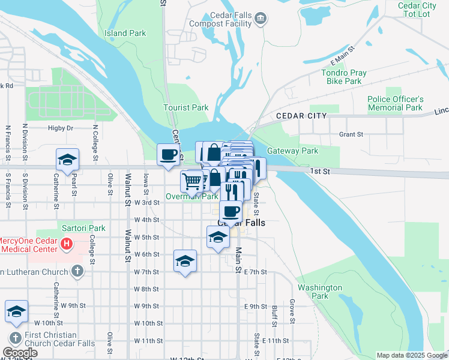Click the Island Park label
pos(125,33)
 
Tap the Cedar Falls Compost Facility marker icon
pos(261,19)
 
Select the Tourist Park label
pos(186,108)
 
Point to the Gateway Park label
pos(292,151)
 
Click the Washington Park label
pos(320,292)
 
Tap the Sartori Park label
pos(83,228)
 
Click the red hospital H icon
pos(67,245)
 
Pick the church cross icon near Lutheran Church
pos(77,272)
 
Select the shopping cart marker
pos(192,180)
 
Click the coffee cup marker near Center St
pos(169,154)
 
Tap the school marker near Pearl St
pos(67,160)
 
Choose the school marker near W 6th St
pos(185,261)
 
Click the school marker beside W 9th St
pos(17,311)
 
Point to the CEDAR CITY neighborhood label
pos(301,115)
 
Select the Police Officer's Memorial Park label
pos(396,103)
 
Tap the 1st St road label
pos(320,172)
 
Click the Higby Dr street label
pos(60,128)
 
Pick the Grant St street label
pos(351,135)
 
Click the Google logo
pos(20,353)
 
